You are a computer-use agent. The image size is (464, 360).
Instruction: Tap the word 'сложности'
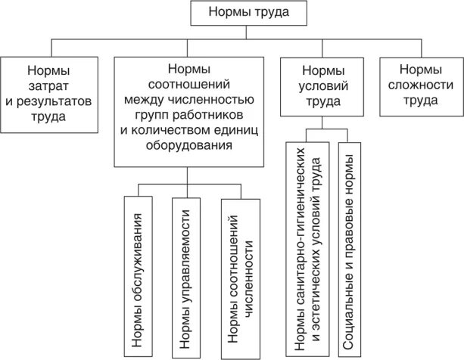click(x=422, y=85)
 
